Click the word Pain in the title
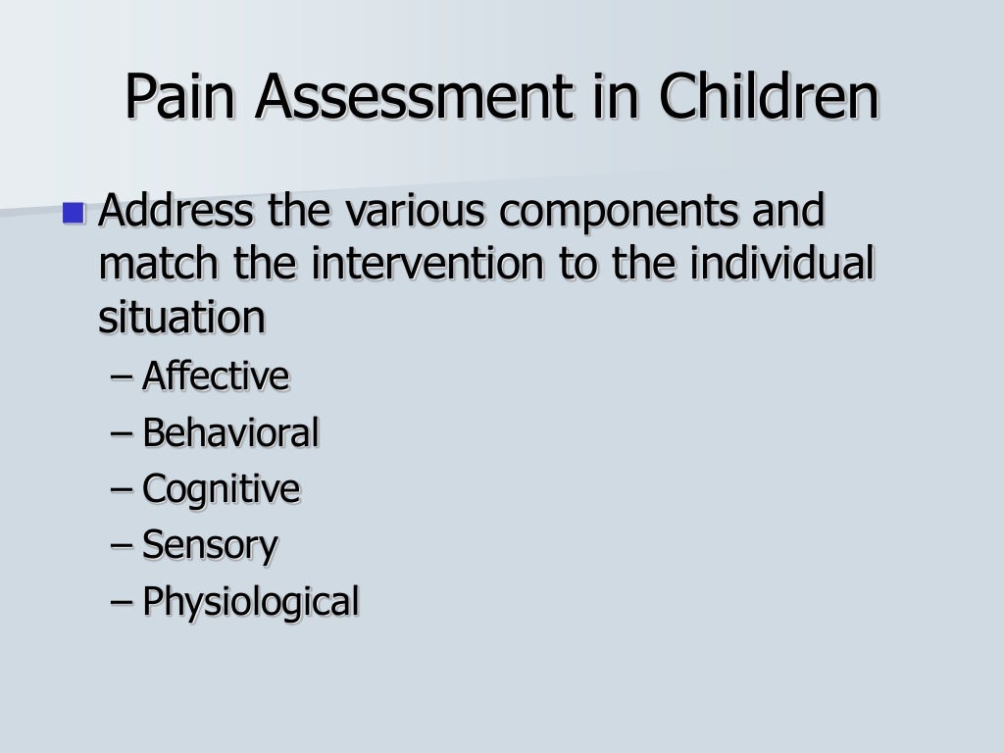pos(183,97)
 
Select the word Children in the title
pos(768,97)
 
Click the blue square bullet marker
pos(73,211)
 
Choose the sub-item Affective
pos(216,376)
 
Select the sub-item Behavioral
pos(231,432)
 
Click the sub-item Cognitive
pos(222,489)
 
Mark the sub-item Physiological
pos(251,602)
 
